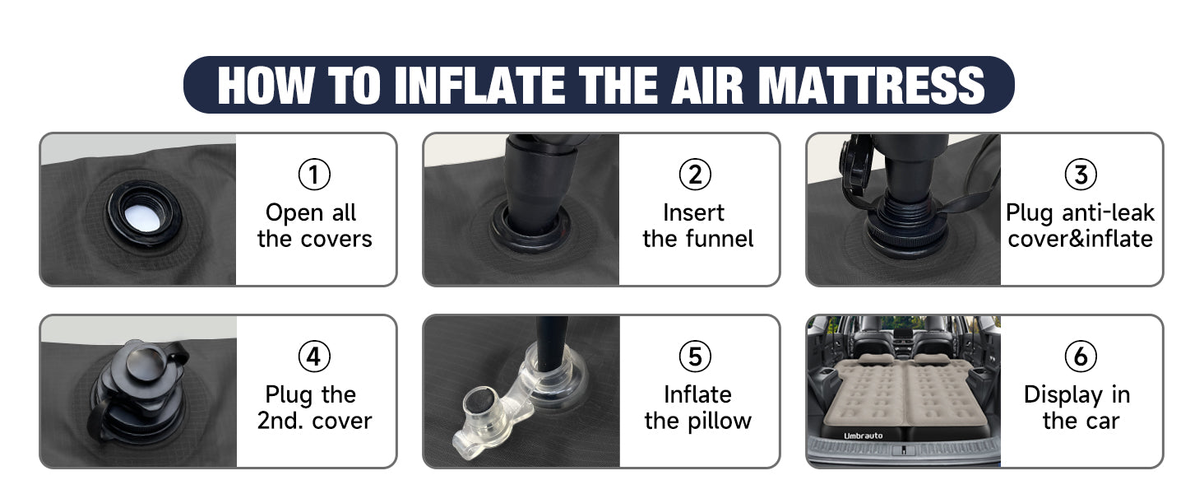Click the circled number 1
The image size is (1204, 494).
pos(314,175)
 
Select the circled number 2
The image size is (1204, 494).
pos(695,175)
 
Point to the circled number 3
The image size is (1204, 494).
pos(1081,175)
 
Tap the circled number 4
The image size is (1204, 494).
pos(314,357)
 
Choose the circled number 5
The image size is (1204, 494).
pos(695,357)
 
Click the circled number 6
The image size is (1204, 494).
pos(1081,357)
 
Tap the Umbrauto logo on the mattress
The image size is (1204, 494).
pos(864,436)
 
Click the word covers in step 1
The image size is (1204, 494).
pos(336,240)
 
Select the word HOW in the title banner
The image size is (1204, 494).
pos(266,85)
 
